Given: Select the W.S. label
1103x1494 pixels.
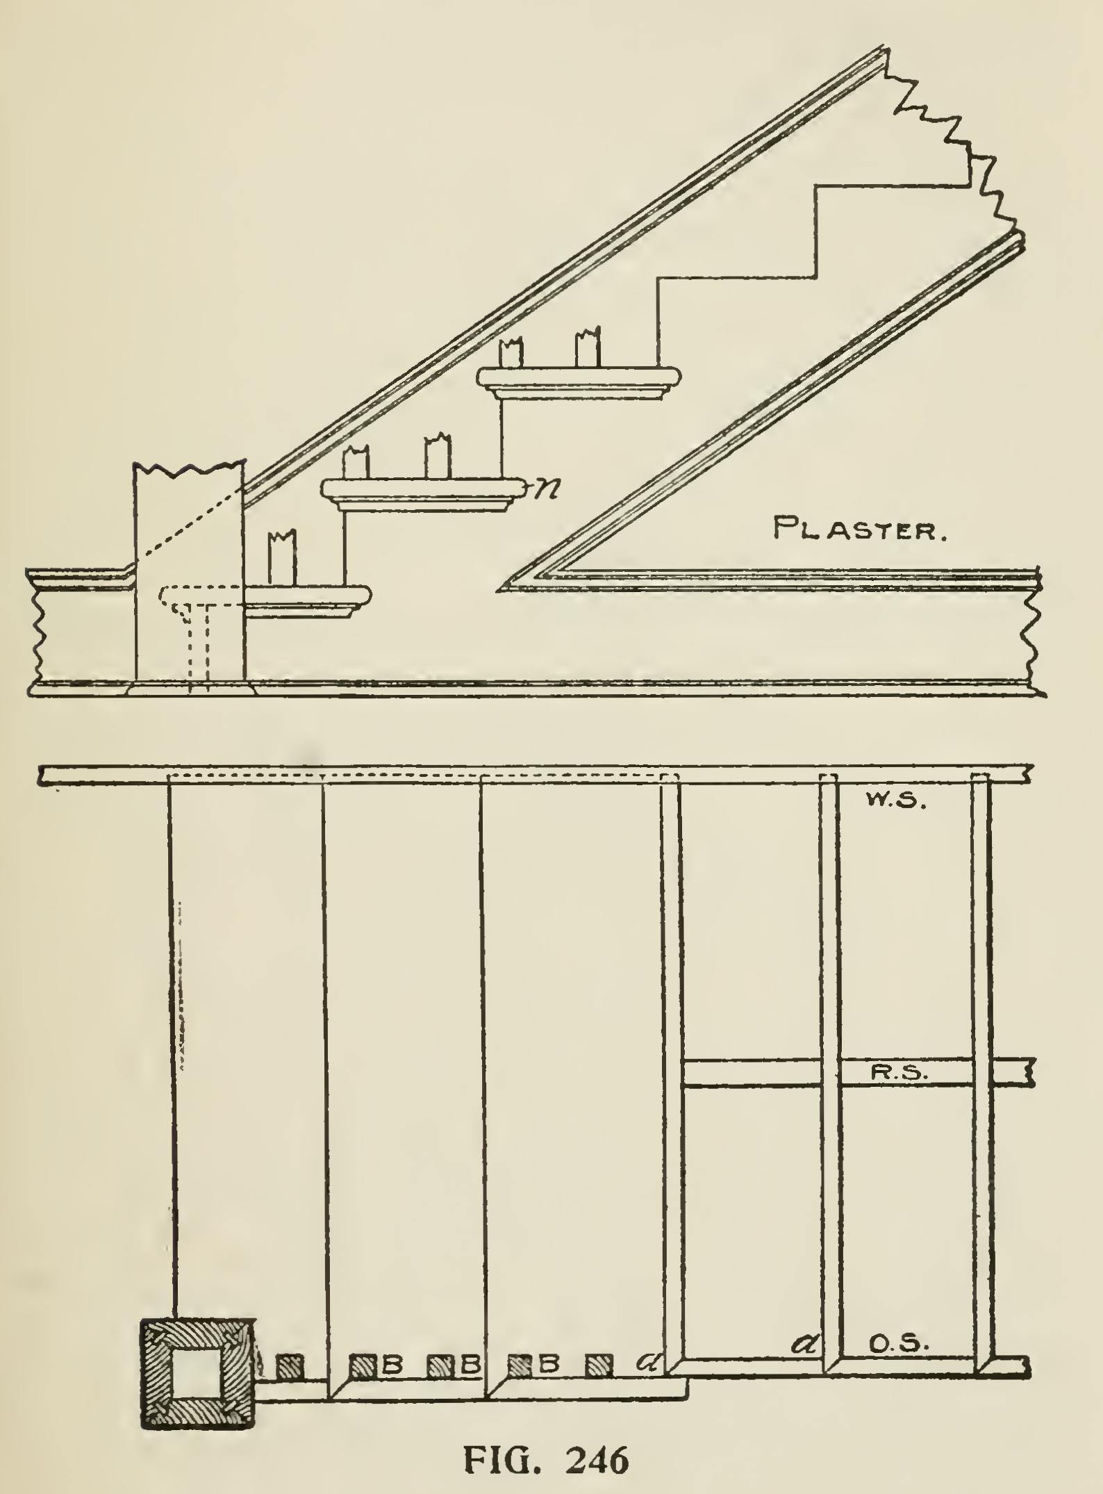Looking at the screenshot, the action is pos(895,802).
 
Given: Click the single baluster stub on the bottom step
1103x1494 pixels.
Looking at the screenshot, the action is pos(283,558).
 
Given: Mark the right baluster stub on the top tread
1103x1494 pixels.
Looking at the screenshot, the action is pos(588,350).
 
